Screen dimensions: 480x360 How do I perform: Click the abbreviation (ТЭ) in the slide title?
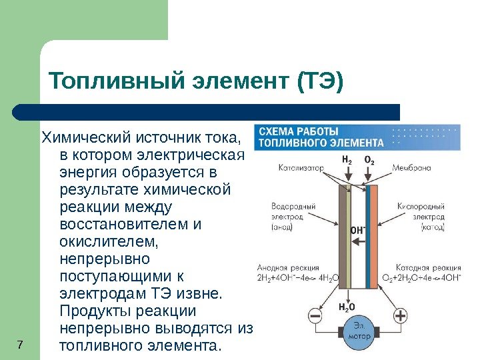tap(317, 83)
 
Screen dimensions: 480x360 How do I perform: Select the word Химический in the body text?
tap(86, 139)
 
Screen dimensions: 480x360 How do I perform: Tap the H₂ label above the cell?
tap(347, 160)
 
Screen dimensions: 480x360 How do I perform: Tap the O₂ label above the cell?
tap(369, 160)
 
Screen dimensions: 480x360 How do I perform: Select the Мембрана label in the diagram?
tap(412, 168)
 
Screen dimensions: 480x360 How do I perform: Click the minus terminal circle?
tap(315, 315)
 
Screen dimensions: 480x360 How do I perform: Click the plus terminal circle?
tap(400, 315)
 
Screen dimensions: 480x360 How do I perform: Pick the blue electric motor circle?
tap(358, 331)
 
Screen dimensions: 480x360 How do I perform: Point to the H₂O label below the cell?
tap(347, 307)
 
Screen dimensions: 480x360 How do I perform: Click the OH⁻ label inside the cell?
tap(358, 230)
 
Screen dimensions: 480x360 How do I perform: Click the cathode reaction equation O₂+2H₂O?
tap(421, 277)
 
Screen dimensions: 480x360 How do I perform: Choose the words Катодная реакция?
tap(422, 267)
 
